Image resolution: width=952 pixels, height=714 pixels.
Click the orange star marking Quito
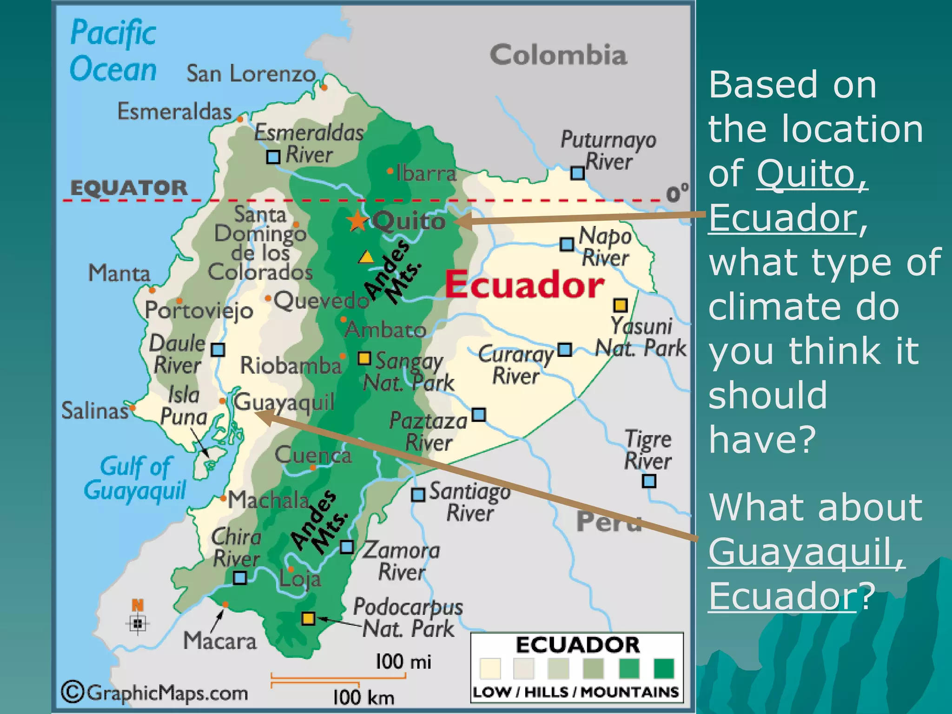(x=357, y=220)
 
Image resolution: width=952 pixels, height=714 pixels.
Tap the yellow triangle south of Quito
(x=366, y=257)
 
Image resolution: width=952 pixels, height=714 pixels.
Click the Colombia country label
(x=558, y=55)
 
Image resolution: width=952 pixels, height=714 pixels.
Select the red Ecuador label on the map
(x=524, y=284)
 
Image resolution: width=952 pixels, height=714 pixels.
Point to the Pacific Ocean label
(x=113, y=51)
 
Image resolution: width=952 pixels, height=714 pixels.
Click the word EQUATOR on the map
(x=129, y=188)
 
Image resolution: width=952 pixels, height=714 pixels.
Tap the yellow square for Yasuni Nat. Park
(x=621, y=305)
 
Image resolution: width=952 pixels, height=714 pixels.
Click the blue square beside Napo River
(x=567, y=244)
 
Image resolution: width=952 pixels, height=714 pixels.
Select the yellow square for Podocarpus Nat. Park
(x=308, y=618)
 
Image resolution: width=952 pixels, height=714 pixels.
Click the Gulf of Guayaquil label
(x=135, y=478)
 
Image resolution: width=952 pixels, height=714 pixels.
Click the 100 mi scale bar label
(x=403, y=661)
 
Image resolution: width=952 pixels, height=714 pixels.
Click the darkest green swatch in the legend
(x=664, y=668)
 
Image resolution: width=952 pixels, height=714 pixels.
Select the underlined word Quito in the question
(x=812, y=173)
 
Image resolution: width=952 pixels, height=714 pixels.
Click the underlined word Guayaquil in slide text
(x=807, y=551)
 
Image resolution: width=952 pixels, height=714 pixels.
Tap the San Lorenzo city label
(x=251, y=73)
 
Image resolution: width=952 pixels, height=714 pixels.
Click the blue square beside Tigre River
(x=649, y=481)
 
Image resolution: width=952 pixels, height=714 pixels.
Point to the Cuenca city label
(x=313, y=455)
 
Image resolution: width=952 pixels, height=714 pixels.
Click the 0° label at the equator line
(x=677, y=193)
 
